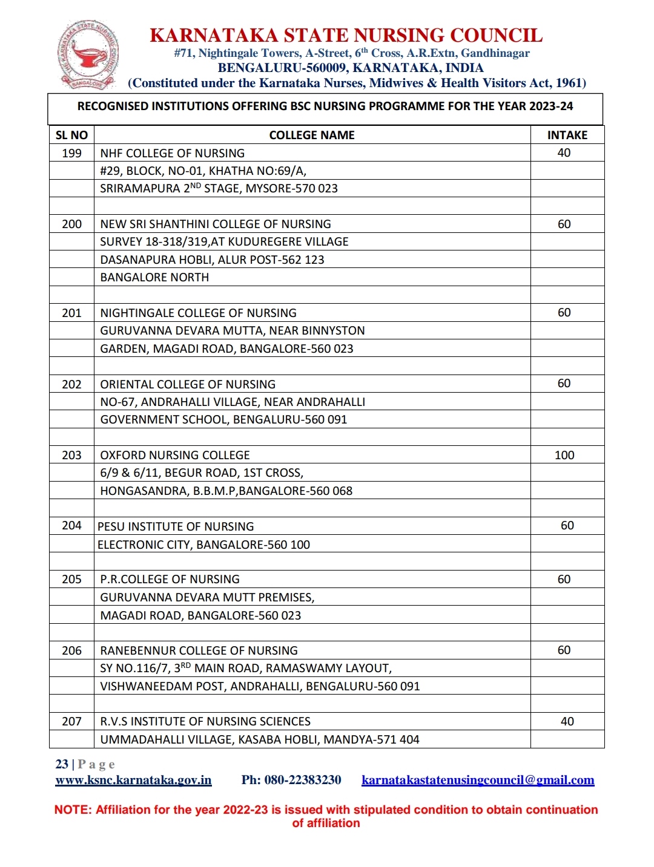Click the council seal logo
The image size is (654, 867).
[88, 56]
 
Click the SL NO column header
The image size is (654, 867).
[71, 135]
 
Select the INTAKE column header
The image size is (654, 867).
[567, 135]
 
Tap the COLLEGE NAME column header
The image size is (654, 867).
[312, 135]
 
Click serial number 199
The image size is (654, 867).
[71, 153]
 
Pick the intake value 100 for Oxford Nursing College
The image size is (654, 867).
[564, 455]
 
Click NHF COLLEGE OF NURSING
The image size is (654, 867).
[173, 153]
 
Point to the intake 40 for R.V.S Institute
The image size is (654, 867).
[567, 721]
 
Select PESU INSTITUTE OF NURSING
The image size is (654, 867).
[176, 526]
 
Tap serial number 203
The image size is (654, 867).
[71, 455]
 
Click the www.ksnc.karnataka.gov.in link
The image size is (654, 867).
[133, 780]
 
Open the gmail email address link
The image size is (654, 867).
[478, 780]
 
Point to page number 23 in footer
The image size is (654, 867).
[62, 764]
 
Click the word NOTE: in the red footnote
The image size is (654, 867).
[73, 810]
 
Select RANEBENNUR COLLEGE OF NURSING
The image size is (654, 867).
[199, 650]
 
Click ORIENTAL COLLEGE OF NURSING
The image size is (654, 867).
[188, 384]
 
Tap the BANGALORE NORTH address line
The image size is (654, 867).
[154, 277]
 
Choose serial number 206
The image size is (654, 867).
[71, 650]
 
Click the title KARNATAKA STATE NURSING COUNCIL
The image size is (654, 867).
[346, 35]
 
